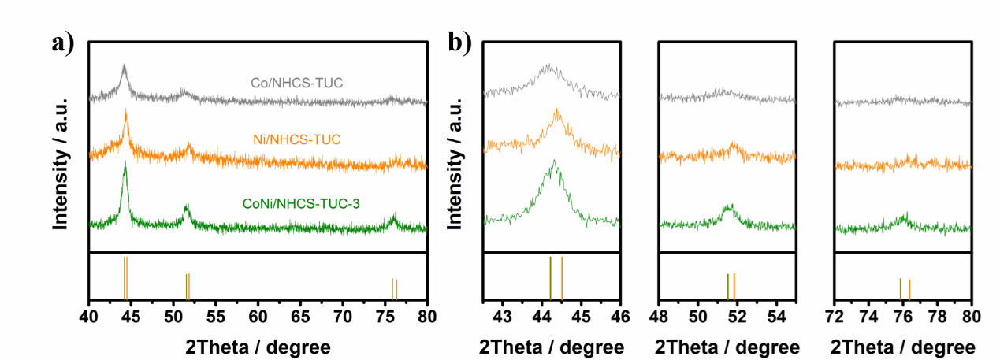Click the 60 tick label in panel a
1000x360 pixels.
(x=258, y=316)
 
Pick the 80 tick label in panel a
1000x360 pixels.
(x=426, y=316)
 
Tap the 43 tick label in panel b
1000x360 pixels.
(x=503, y=316)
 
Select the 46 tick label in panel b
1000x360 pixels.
(x=620, y=316)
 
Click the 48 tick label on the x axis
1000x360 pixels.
(x=659, y=316)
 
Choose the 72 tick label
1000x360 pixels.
(x=835, y=316)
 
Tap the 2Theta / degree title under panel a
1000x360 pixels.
(x=258, y=347)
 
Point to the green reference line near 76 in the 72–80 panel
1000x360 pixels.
(x=900, y=288)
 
